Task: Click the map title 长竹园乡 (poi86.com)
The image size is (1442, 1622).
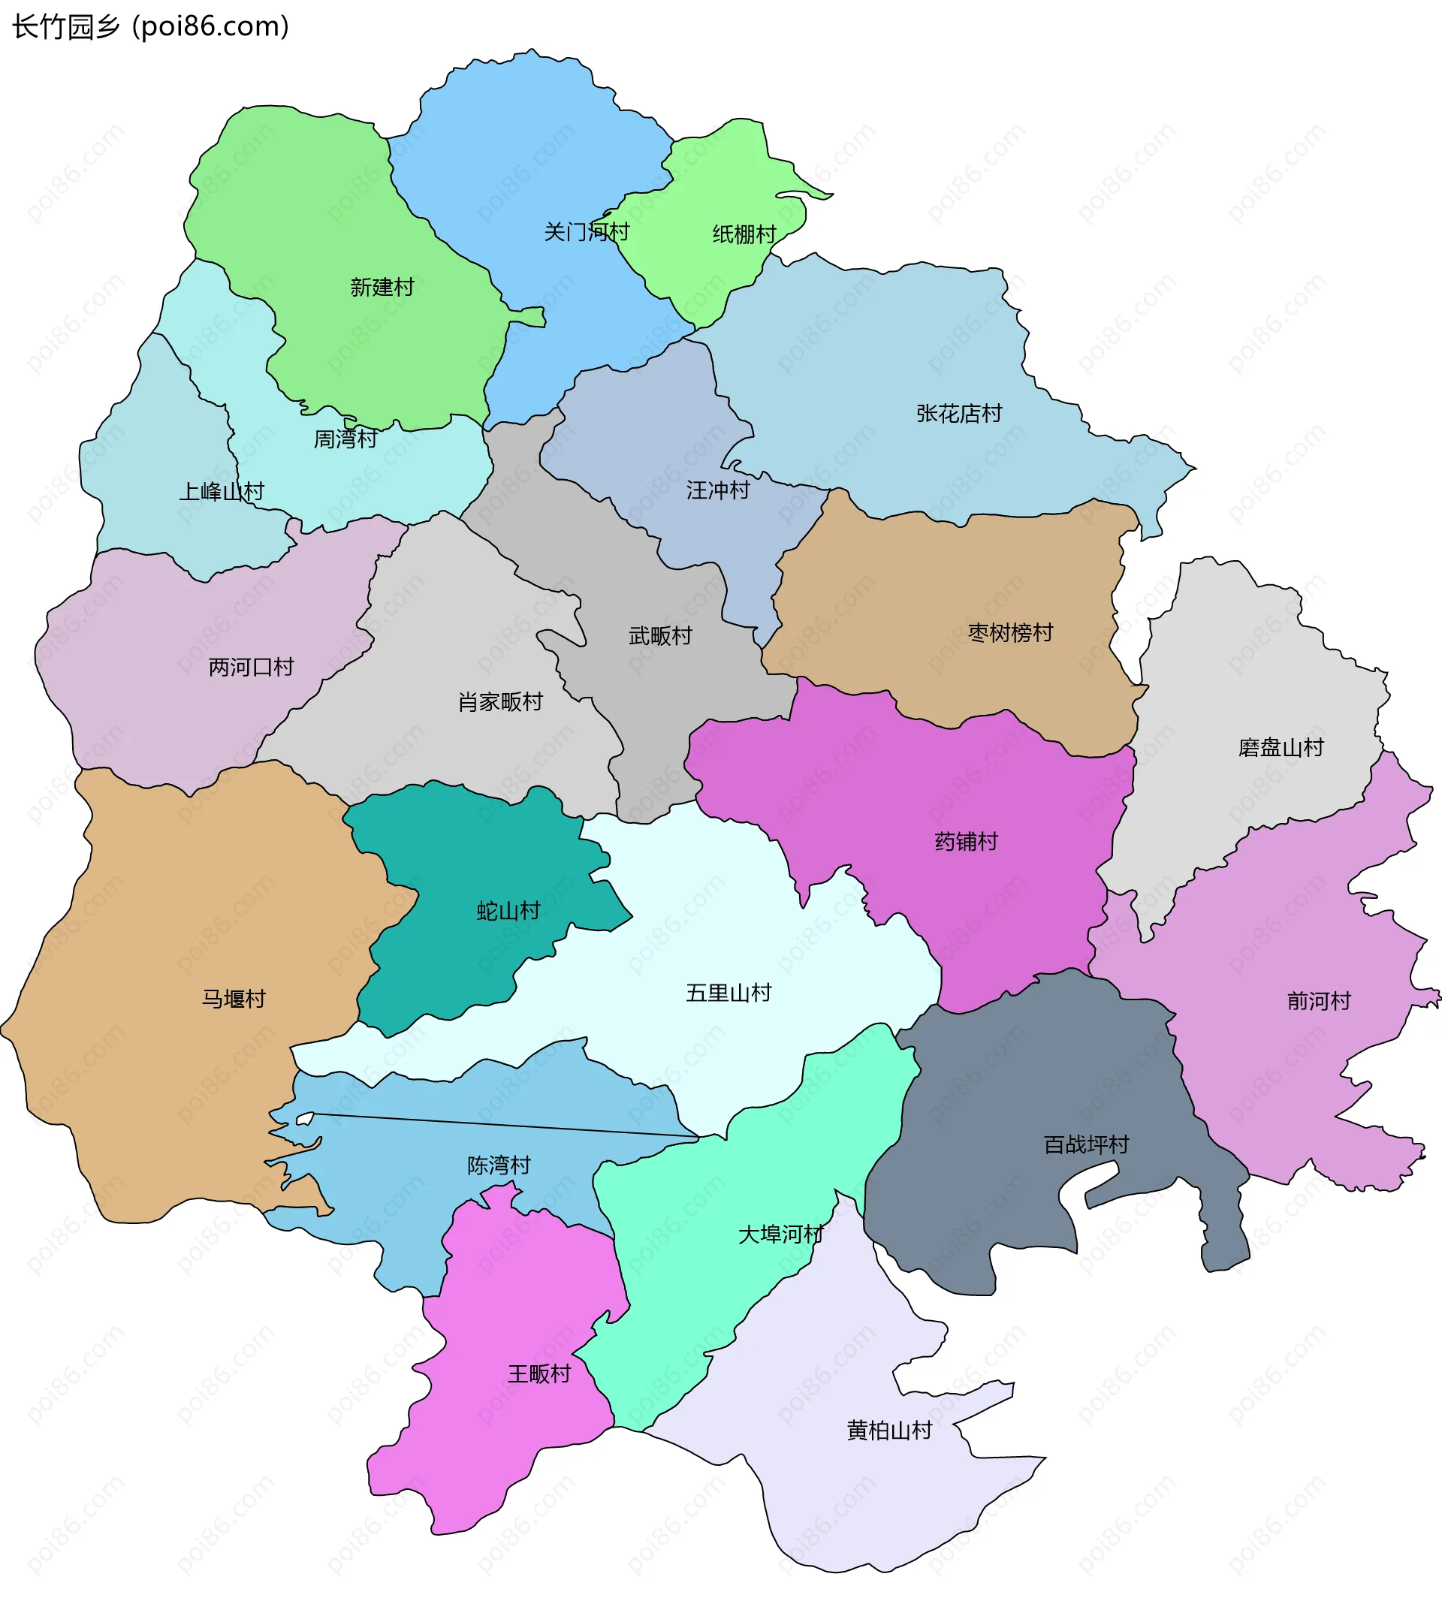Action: [151, 27]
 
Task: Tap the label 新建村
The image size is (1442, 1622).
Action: [382, 288]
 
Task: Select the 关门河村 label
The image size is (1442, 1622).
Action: [587, 232]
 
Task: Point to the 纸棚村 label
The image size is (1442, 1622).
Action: [744, 234]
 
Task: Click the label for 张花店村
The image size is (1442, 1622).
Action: [958, 414]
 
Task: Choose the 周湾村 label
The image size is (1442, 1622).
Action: [345, 439]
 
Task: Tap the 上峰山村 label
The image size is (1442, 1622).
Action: [222, 492]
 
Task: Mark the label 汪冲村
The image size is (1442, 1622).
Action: [717, 490]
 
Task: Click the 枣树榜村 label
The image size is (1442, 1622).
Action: [1010, 633]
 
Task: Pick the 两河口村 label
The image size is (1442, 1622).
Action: [251, 668]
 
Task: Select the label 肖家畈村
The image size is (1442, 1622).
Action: [500, 702]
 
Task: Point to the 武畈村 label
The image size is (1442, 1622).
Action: [659, 635]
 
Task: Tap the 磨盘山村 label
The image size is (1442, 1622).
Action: [1280, 747]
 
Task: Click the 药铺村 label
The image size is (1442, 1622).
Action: [966, 842]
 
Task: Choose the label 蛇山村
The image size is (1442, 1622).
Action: [508, 911]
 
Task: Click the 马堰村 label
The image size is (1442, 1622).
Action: [234, 999]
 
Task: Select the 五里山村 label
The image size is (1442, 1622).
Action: [729, 993]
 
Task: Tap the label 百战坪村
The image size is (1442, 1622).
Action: [1086, 1145]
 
